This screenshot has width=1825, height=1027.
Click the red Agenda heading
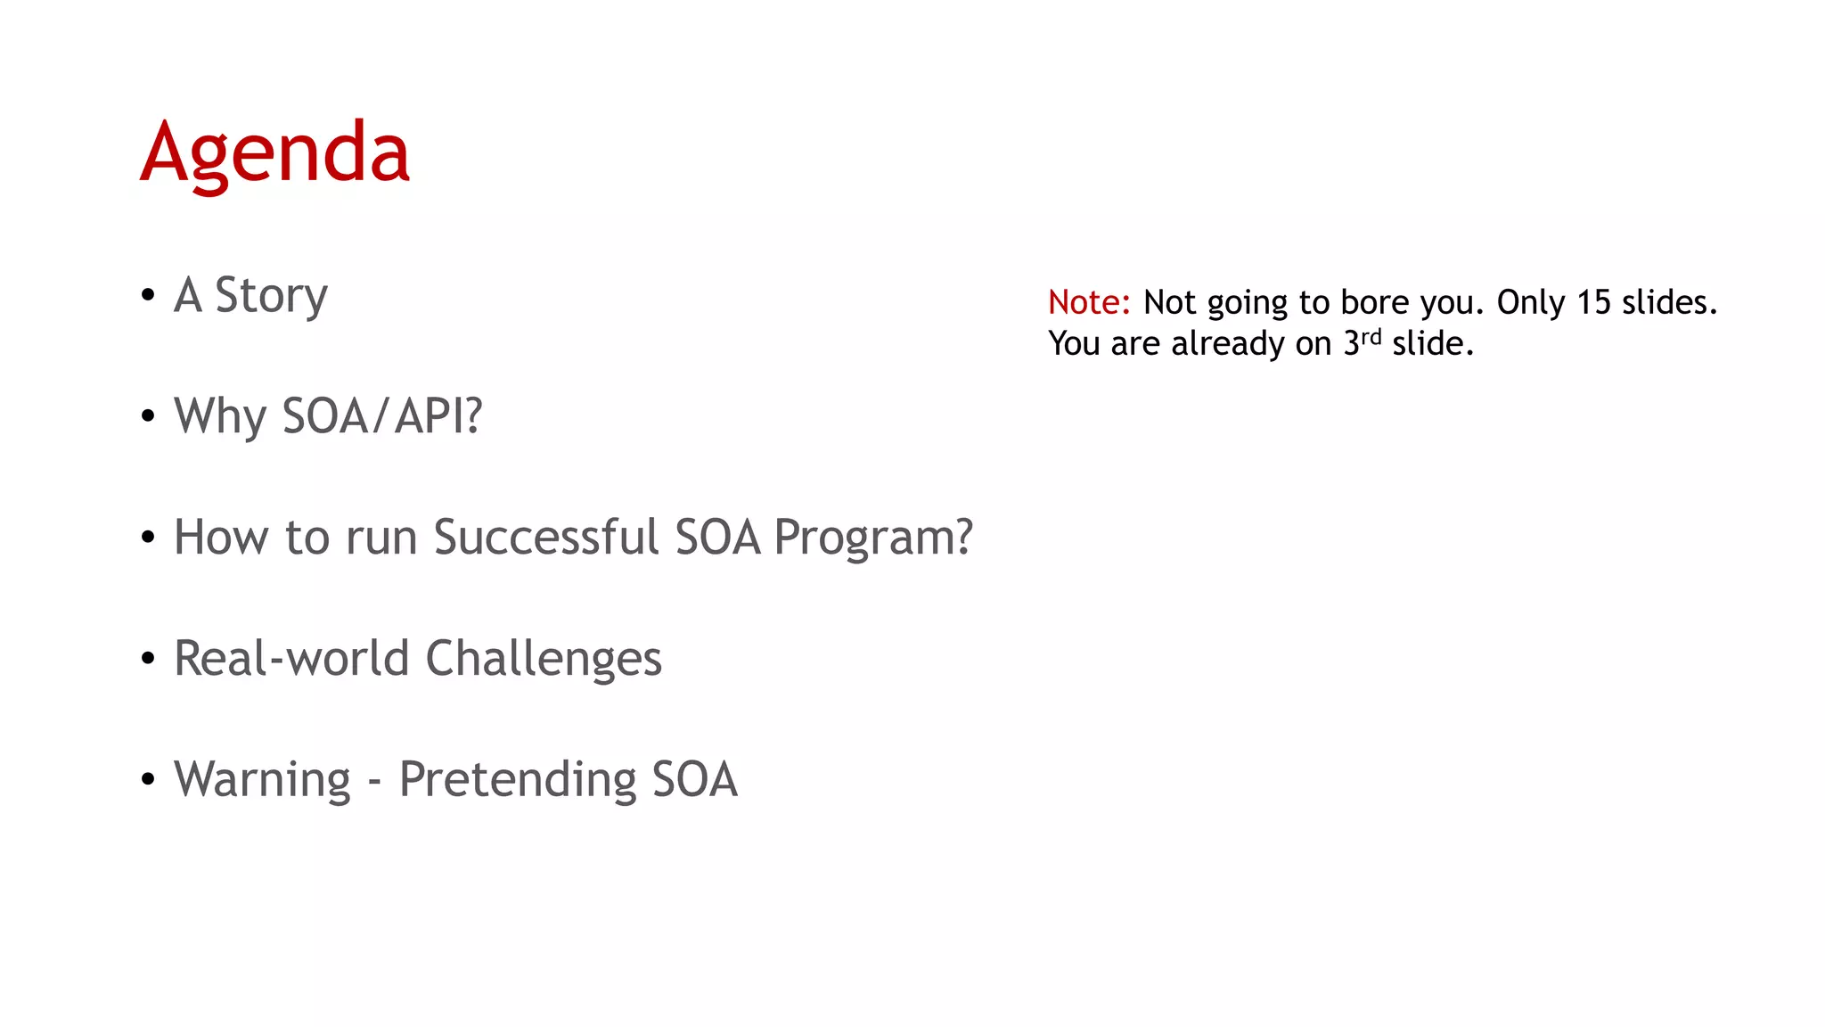274,153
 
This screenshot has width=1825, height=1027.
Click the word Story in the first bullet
271,295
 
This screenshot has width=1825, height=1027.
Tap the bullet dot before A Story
148,294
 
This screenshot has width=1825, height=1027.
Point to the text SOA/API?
381,416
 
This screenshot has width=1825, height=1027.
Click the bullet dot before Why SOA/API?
148,415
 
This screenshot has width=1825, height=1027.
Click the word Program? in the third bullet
872,537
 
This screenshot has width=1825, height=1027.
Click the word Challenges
544,658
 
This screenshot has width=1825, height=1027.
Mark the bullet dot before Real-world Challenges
148,658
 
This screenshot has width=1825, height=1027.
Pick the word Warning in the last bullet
262,779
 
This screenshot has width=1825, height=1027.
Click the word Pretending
517,779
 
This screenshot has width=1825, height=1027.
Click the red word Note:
1089,302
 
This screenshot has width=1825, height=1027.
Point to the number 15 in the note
1595,302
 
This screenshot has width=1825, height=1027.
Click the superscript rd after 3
1371,337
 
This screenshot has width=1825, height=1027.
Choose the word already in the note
1228,344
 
